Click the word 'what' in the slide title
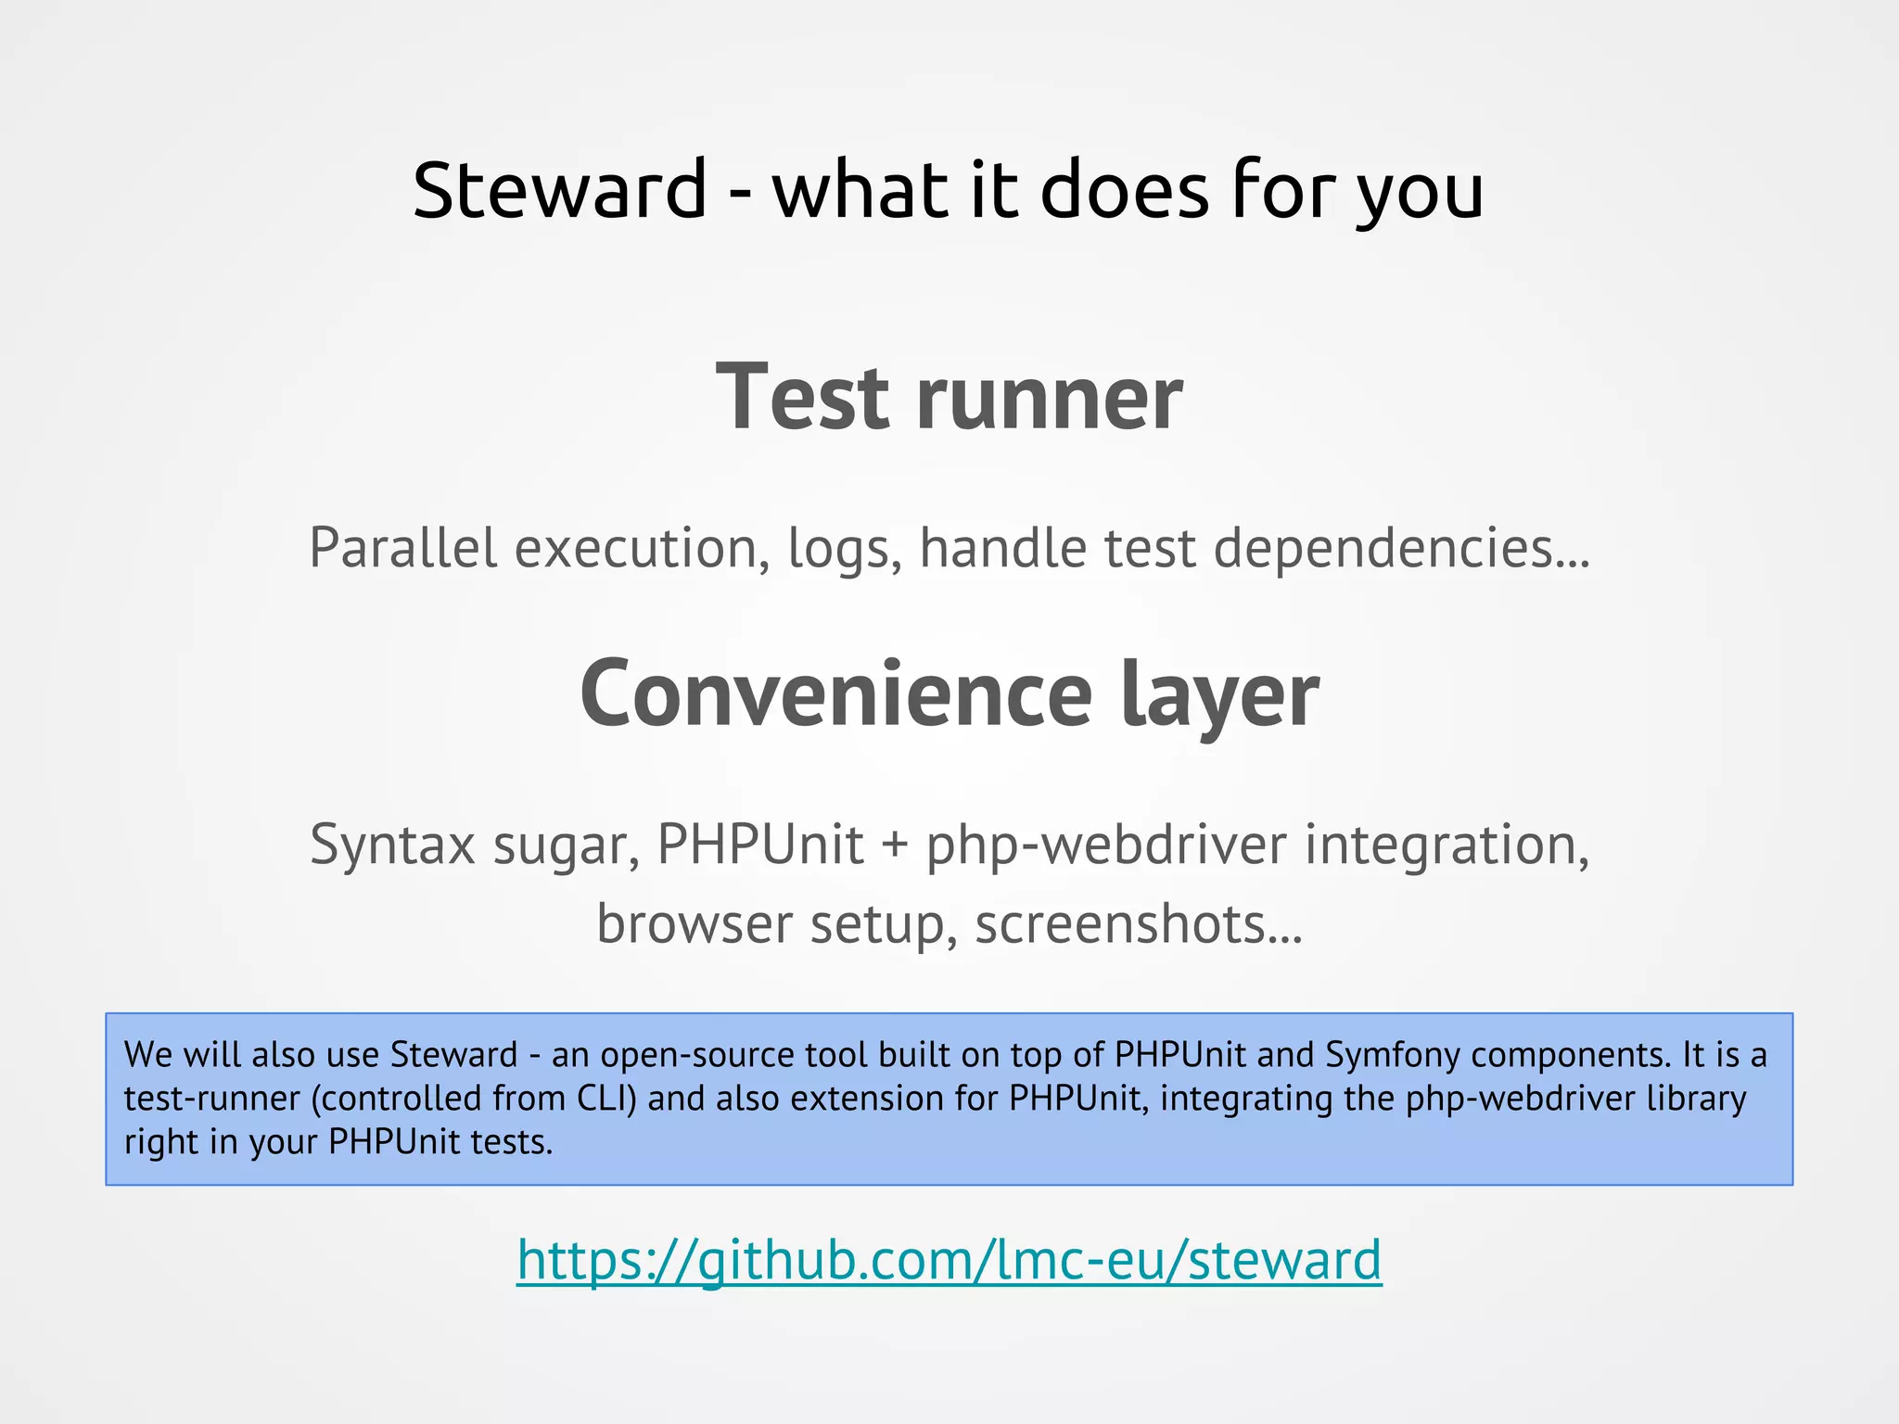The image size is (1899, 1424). pos(860,190)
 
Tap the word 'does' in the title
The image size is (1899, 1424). pos(1125,190)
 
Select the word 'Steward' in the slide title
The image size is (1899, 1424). pos(560,190)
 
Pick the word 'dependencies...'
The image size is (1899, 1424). pos(1402,549)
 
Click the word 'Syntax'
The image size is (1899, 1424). pos(392,845)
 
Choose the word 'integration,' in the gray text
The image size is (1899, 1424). pos(1447,845)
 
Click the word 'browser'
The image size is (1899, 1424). pos(695,923)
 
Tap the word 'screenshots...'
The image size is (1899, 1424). pos(1139,923)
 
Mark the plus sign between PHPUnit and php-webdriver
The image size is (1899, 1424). pos(895,845)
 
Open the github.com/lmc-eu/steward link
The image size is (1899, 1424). pos(949,1260)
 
